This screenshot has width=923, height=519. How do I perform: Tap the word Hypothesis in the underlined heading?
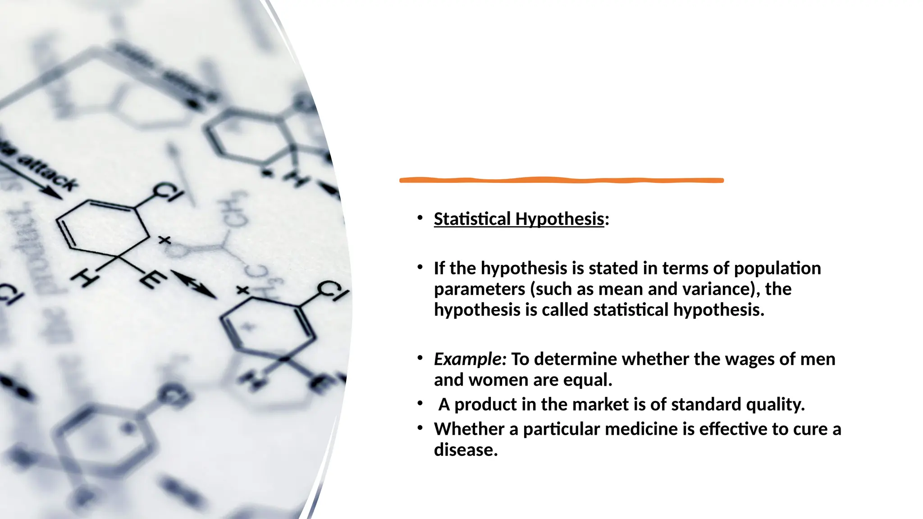pyautogui.click(x=559, y=219)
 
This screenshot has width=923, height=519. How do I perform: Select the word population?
pyautogui.click(x=777, y=269)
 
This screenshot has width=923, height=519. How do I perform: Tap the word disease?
pyautogui.click(x=466, y=450)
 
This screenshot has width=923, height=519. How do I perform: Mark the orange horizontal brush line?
pyautogui.click(x=561, y=180)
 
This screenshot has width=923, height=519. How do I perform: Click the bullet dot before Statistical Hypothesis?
pyautogui.click(x=420, y=218)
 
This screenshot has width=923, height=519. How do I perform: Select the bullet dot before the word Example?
pyautogui.click(x=420, y=358)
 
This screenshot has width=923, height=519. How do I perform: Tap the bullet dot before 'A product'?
pyautogui.click(x=420, y=403)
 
